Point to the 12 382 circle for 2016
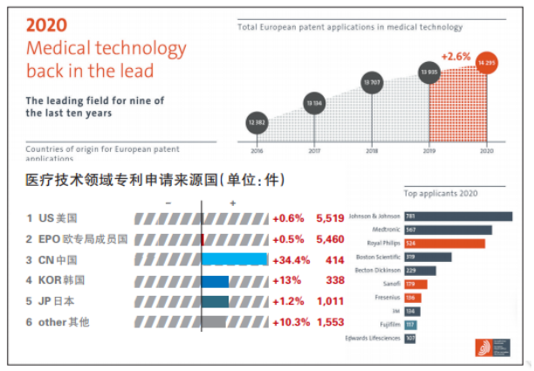point(257,122)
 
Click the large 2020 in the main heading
point(48,25)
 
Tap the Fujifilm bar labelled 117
point(410,324)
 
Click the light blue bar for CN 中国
point(235,259)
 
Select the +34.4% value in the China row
point(291,259)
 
